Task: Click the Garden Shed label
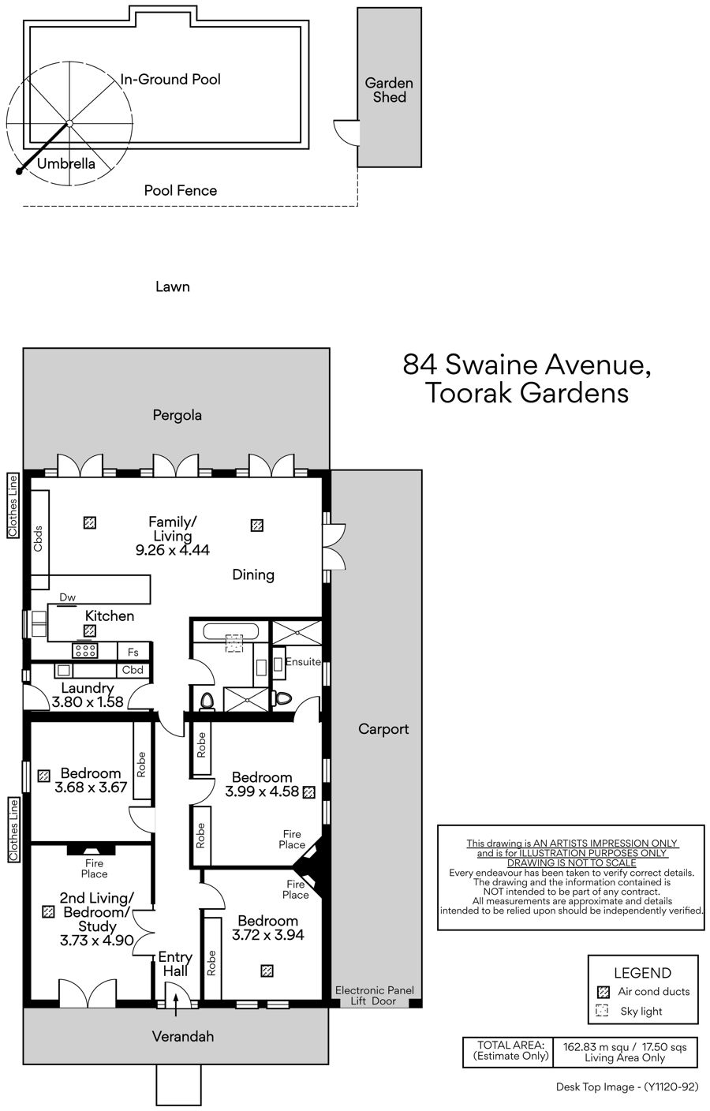pyautogui.click(x=389, y=90)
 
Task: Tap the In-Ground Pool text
pyautogui.click(x=170, y=80)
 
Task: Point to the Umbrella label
pyautogui.click(x=66, y=163)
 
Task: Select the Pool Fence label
pyautogui.click(x=181, y=190)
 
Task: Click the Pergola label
pyautogui.click(x=177, y=415)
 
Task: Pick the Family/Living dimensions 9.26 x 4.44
pyautogui.click(x=173, y=549)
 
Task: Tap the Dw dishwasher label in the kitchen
pyautogui.click(x=67, y=597)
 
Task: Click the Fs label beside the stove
pyautogui.click(x=133, y=653)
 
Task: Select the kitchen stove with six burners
pyautogui.click(x=84, y=650)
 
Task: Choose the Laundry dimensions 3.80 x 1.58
pyautogui.click(x=88, y=701)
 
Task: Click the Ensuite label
pyautogui.click(x=303, y=662)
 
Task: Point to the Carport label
pyautogui.click(x=383, y=729)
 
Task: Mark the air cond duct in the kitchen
pyautogui.click(x=90, y=631)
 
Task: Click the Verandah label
pyautogui.click(x=183, y=1037)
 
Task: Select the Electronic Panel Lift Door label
pyautogui.click(x=375, y=996)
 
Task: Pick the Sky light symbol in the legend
pyautogui.click(x=602, y=1010)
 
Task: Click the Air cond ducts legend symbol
pyautogui.click(x=603, y=992)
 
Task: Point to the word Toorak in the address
pyautogui.click(x=469, y=393)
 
